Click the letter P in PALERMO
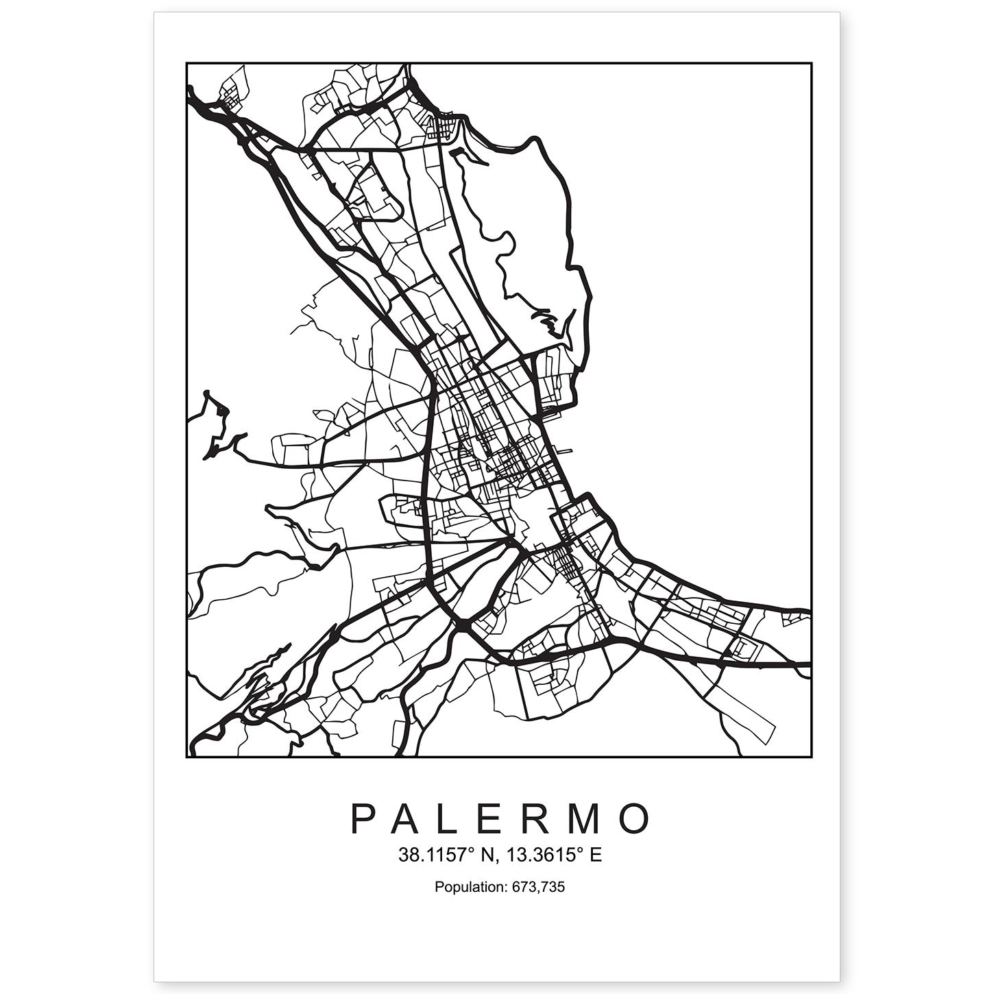click(363, 819)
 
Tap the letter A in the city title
click(409, 819)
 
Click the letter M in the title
click(587, 819)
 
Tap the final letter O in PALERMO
click(635, 819)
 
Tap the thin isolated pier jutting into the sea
click(565, 450)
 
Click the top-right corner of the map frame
click(812, 64)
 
